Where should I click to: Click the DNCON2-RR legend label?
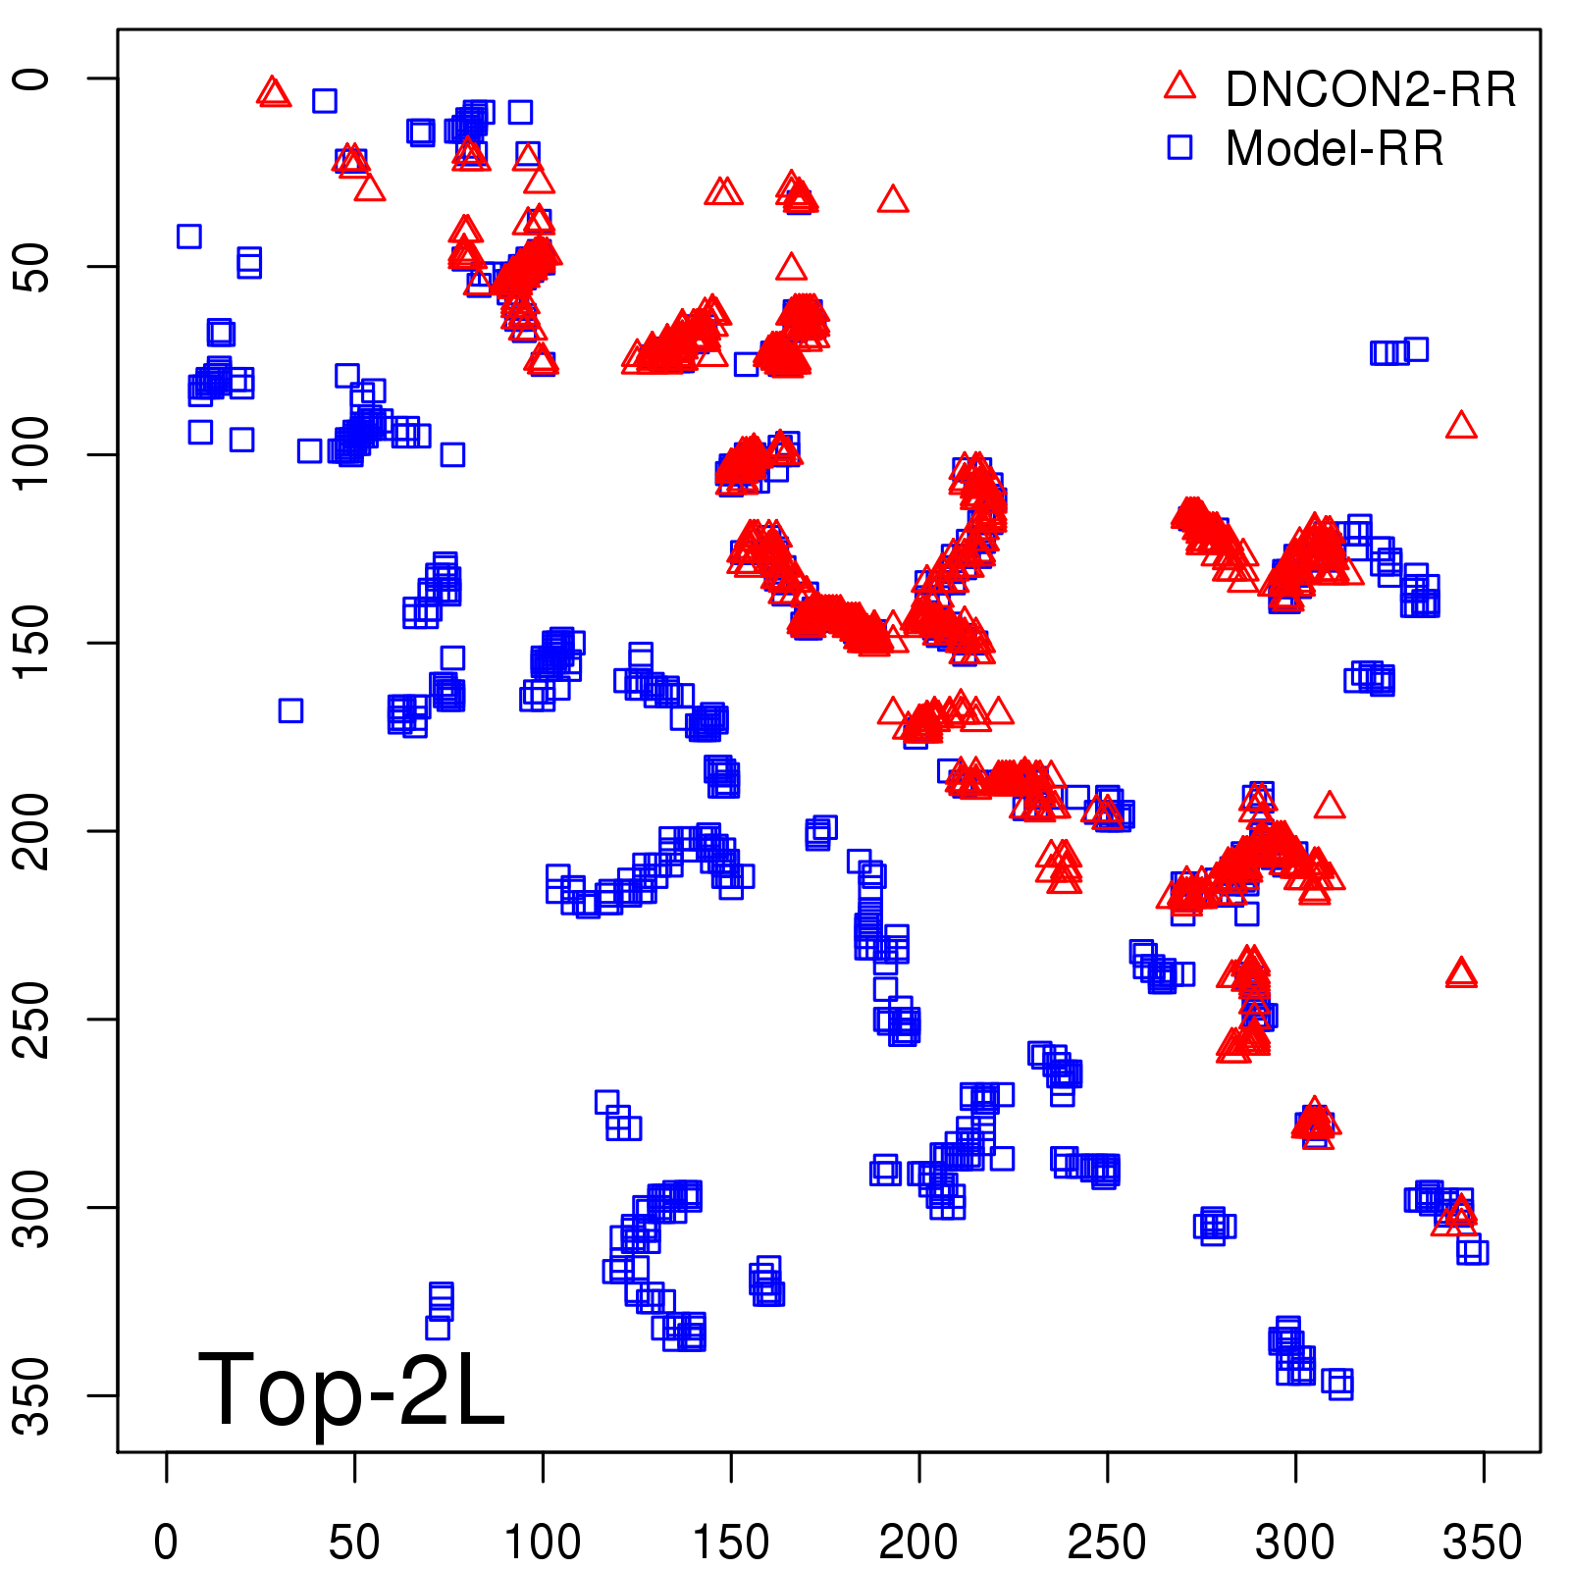[1370, 89]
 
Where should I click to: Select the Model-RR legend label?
[1334, 149]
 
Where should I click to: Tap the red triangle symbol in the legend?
[1179, 86]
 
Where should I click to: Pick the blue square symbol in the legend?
[1179, 147]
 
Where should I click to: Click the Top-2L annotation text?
[351, 1389]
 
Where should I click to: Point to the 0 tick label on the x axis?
[166, 1543]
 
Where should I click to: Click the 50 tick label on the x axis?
[354, 1543]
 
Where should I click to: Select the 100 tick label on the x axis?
[543, 1543]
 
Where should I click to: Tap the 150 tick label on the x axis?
[731, 1543]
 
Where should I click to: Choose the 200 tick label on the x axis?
[918, 1543]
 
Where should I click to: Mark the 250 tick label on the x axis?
[1107, 1543]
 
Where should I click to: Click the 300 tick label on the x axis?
[1295, 1543]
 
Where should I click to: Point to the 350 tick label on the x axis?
[1483, 1543]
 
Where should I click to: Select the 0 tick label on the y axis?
[33, 78]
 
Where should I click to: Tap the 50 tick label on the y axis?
[33, 266]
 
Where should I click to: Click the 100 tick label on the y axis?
[33, 454]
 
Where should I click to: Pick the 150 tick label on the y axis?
[33, 643]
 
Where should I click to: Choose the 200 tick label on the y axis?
[33, 831]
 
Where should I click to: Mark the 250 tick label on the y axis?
[33, 1019]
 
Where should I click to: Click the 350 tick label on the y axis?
[33, 1395]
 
